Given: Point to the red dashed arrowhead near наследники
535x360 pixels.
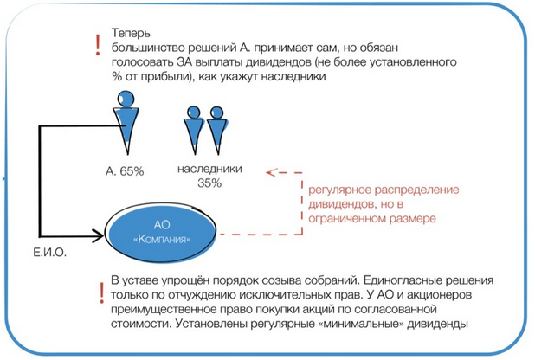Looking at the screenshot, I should point(270,171).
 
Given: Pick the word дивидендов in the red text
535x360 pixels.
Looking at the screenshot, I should point(334,204).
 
